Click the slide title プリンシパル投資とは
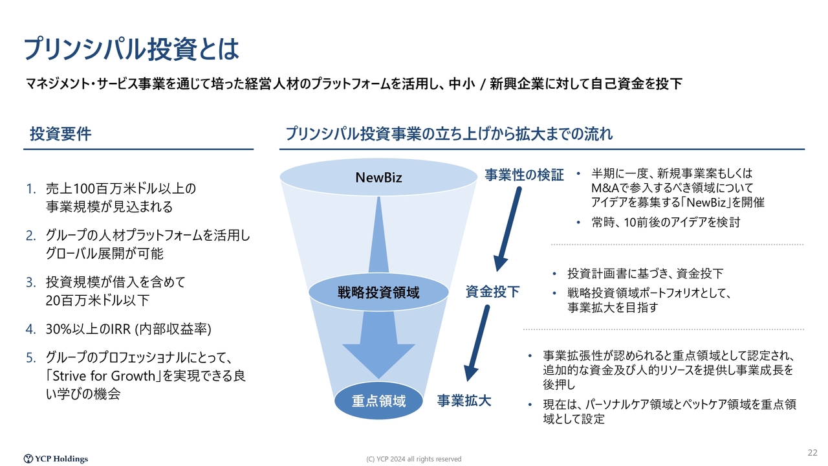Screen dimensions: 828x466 (x=131, y=49)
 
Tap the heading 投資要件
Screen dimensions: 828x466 (x=61, y=134)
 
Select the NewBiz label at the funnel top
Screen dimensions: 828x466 (x=378, y=177)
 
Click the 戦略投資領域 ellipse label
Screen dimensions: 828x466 (x=378, y=293)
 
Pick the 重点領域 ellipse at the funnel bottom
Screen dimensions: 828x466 (x=378, y=401)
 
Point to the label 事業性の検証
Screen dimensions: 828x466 (x=524, y=175)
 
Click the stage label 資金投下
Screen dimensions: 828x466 (x=492, y=292)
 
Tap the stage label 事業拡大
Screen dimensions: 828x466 (x=464, y=401)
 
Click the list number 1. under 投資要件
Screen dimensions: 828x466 (x=31, y=189)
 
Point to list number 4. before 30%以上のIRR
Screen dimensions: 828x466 (x=31, y=329)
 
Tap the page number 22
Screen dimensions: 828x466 (x=812, y=452)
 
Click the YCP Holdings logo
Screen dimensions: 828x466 (x=56, y=459)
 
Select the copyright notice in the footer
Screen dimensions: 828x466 (x=413, y=459)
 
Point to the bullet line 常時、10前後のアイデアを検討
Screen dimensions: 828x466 (x=666, y=222)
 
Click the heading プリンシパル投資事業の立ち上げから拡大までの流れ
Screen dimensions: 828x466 (x=449, y=134)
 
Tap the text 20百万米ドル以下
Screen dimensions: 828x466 (x=98, y=300)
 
